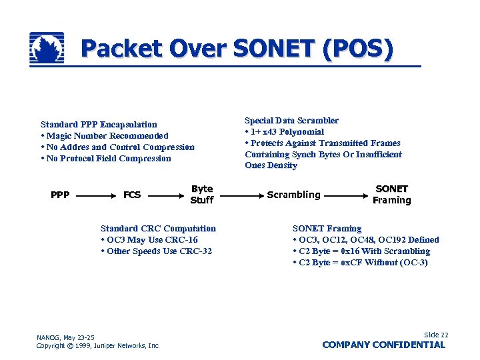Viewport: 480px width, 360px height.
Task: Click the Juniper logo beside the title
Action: [47, 49]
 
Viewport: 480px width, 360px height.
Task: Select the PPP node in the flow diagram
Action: [60, 195]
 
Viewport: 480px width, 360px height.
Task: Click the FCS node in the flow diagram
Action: [132, 195]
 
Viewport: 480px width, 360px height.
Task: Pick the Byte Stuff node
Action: [202, 195]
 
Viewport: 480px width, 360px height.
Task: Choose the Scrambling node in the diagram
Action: [293, 195]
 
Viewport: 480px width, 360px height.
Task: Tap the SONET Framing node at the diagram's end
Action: [392, 195]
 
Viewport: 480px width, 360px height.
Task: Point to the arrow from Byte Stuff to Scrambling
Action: [240, 195]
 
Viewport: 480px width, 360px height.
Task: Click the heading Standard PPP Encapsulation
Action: [99, 125]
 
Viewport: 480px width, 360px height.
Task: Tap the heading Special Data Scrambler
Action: [291, 121]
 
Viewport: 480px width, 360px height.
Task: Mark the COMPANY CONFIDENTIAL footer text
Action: [383, 345]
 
